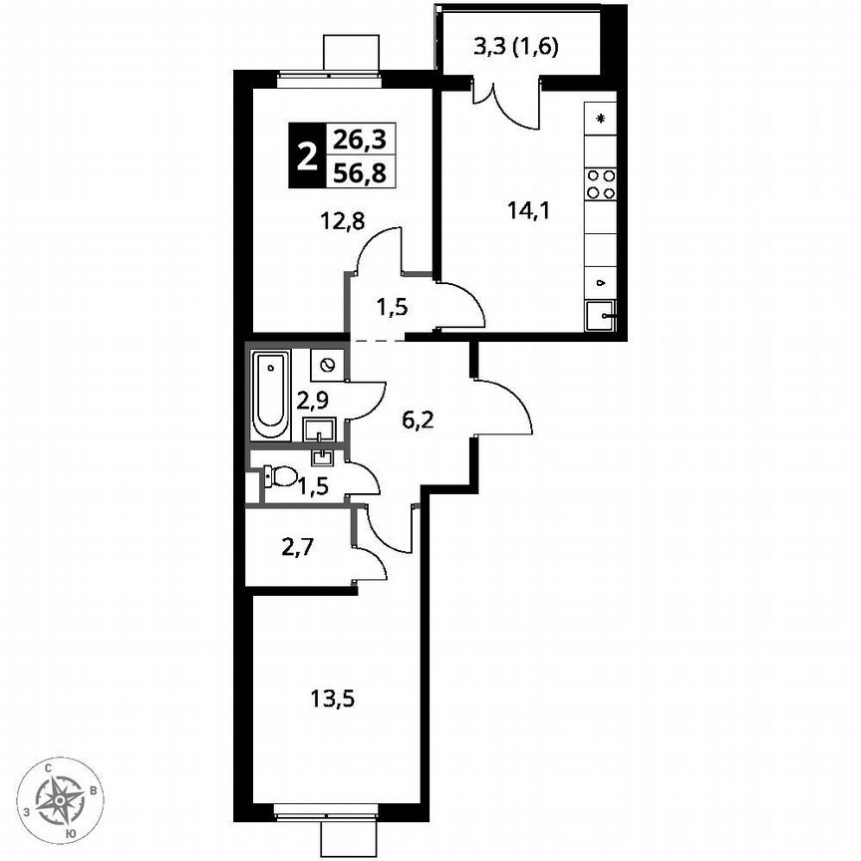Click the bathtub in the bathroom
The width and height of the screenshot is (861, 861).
point(269,394)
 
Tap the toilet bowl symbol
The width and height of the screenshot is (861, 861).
point(282,477)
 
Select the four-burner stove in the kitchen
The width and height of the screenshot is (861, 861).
point(600,182)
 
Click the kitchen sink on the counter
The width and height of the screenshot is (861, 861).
point(601,317)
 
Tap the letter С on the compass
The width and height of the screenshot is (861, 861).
point(49,767)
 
